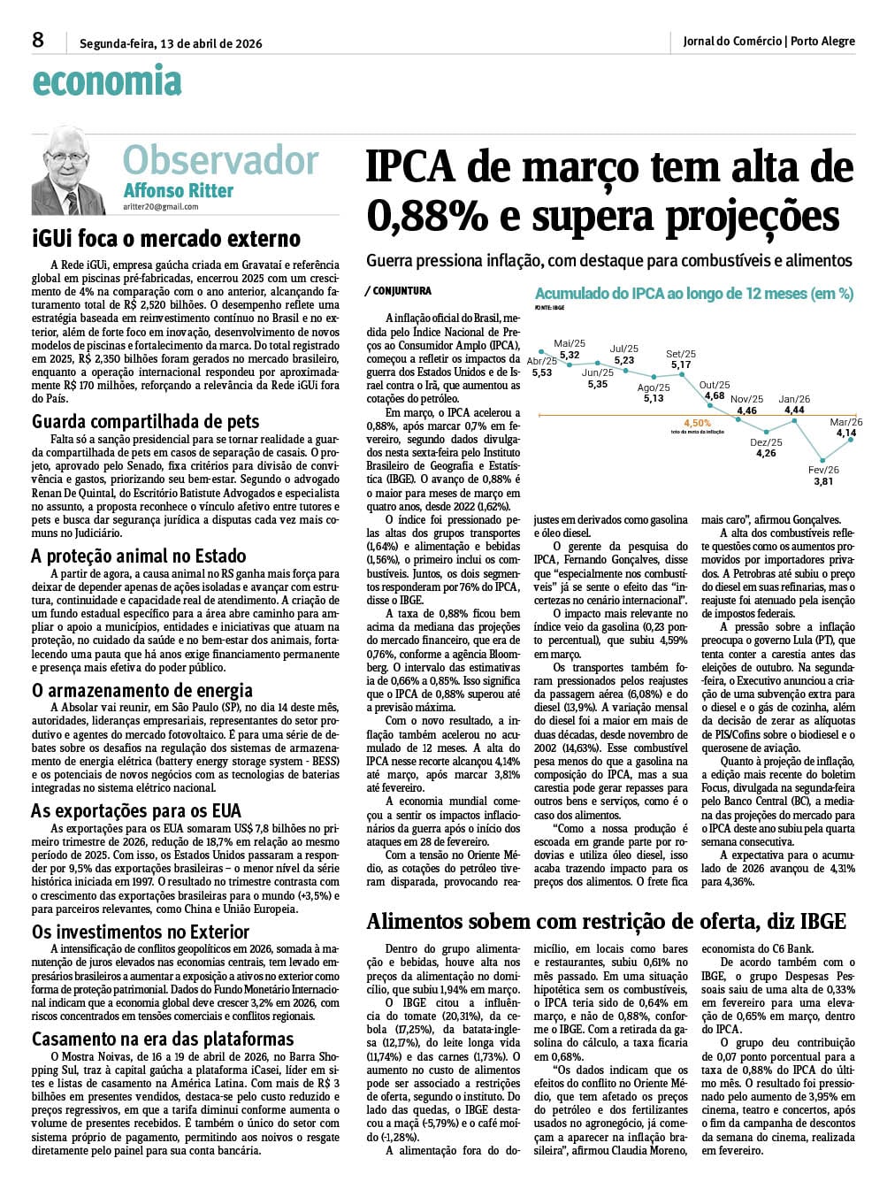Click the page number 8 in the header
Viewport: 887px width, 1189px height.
tap(38, 40)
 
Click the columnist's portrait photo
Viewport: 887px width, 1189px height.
tap(74, 171)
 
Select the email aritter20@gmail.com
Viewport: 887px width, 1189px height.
tap(161, 207)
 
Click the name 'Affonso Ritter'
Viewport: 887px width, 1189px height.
tap(179, 190)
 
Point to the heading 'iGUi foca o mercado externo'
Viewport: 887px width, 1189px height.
tap(166, 239)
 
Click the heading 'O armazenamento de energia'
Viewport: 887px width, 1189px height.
tap(142, 690)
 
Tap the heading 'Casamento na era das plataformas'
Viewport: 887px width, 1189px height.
tap(163, 1039)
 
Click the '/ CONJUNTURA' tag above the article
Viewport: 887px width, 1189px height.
tap(398, 291)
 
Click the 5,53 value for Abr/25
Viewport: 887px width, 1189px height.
tap(541, 373)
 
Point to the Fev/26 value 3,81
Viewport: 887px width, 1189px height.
tap(823, 482)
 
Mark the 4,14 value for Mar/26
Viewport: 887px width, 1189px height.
tap(845, 433)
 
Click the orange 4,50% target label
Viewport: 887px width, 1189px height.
tap(697, 424)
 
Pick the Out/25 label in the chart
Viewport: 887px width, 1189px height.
tap(714, 385)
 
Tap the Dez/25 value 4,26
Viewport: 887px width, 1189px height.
tap(766, 454)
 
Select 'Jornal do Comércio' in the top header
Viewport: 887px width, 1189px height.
tap(732, 42)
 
